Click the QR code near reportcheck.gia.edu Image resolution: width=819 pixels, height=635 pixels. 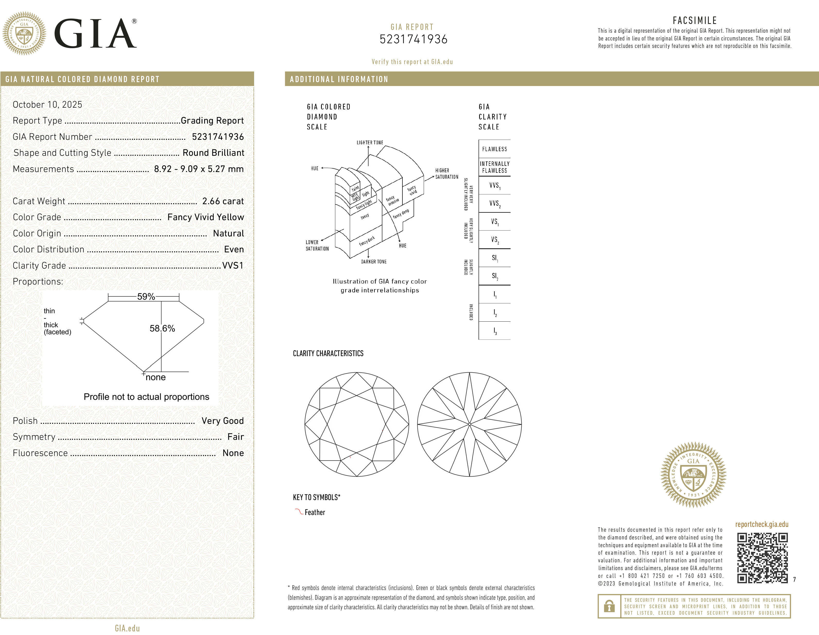[762, 558]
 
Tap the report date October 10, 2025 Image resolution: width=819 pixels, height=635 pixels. [47, 105]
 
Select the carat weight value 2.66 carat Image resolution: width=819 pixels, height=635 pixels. [223, 201]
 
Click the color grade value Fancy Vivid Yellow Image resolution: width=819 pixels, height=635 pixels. [205, 217]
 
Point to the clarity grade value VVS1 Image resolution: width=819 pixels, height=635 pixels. [232, 265]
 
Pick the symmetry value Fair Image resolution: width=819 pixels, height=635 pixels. [236, 437]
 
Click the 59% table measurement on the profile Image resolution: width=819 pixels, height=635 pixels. [146, 297]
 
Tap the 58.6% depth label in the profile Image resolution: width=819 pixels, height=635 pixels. [162, 329]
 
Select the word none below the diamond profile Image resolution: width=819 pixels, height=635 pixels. [155, 377]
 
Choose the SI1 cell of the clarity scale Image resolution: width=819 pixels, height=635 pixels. [495, 258]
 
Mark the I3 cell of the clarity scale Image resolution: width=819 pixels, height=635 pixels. [495, 331]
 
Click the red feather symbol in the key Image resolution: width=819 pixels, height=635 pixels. [298, 512]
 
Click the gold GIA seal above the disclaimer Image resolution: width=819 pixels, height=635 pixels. [693, 475]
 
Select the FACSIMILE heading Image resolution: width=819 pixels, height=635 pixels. [694, 21]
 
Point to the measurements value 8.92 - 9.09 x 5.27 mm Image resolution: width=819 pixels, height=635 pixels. [199, 169]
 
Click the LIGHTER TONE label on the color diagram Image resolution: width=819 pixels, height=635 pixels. [370, 143]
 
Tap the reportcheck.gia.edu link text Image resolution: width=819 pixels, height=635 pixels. [762, 524]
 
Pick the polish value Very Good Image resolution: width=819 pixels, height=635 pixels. [222, 421]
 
